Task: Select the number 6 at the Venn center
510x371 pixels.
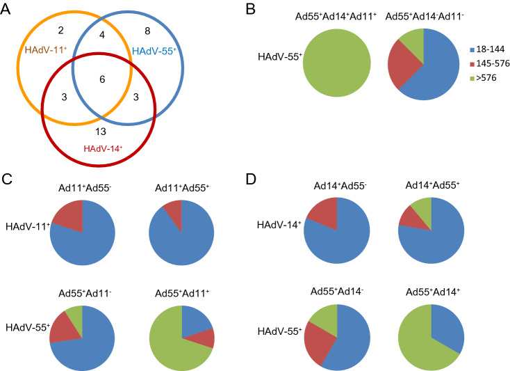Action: [x=102, y=79]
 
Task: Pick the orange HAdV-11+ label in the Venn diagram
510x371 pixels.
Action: [x=45, y=50]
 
